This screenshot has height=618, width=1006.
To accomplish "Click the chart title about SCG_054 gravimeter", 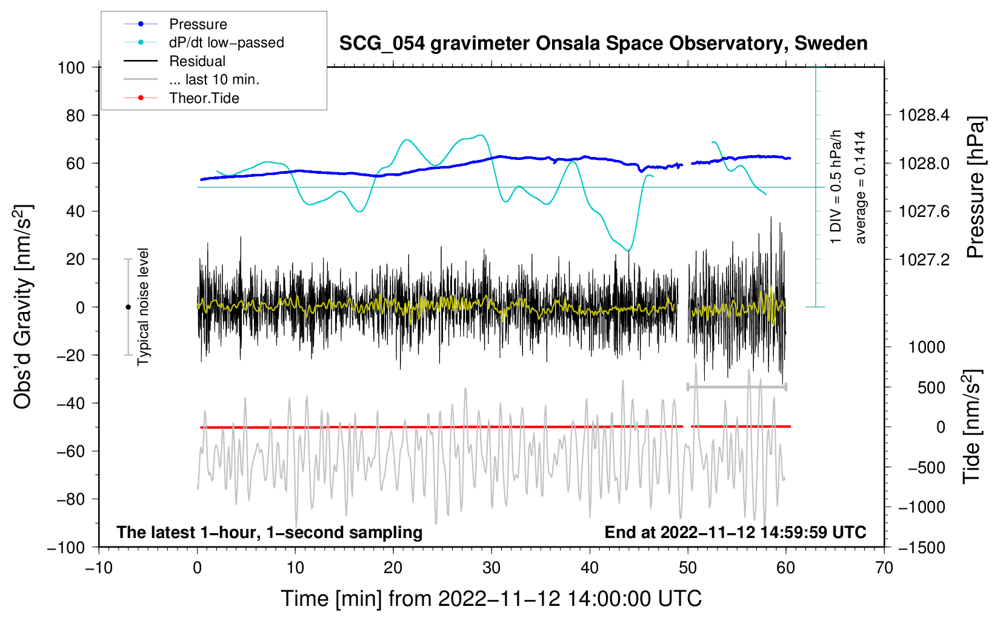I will pos(603,44).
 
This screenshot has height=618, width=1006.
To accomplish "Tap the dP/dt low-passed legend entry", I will pos(226,42).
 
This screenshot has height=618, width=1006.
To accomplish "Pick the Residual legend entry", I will pos(197,61).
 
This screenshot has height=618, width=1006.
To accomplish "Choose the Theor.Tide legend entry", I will pos(204,98).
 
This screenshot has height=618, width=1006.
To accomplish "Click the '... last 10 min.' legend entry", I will pos(214,79).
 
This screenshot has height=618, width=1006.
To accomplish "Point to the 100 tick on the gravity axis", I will pos(71,67).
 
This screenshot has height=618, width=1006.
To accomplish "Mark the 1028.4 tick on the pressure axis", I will pos(924,115).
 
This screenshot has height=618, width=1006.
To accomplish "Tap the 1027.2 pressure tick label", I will pos(924,259).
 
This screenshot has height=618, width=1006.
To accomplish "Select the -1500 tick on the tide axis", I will pos(922,547).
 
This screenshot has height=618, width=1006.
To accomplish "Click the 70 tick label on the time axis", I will pos(884,568).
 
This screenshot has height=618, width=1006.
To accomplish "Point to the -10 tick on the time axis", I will pos(99,568).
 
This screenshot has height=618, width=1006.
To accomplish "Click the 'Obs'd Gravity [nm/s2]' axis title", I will pos(22,307).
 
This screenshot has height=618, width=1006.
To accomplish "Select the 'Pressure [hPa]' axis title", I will pos(975,187).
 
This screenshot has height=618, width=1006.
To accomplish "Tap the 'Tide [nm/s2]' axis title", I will pos(971,427).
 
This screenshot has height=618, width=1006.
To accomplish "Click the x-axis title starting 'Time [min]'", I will pos(491,599).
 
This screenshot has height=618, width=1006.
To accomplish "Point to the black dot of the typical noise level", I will pos(128,307).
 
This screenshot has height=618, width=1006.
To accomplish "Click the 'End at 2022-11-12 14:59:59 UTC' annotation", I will pos(735,532).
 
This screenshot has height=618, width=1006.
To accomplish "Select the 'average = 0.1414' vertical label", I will pos(861,187).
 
